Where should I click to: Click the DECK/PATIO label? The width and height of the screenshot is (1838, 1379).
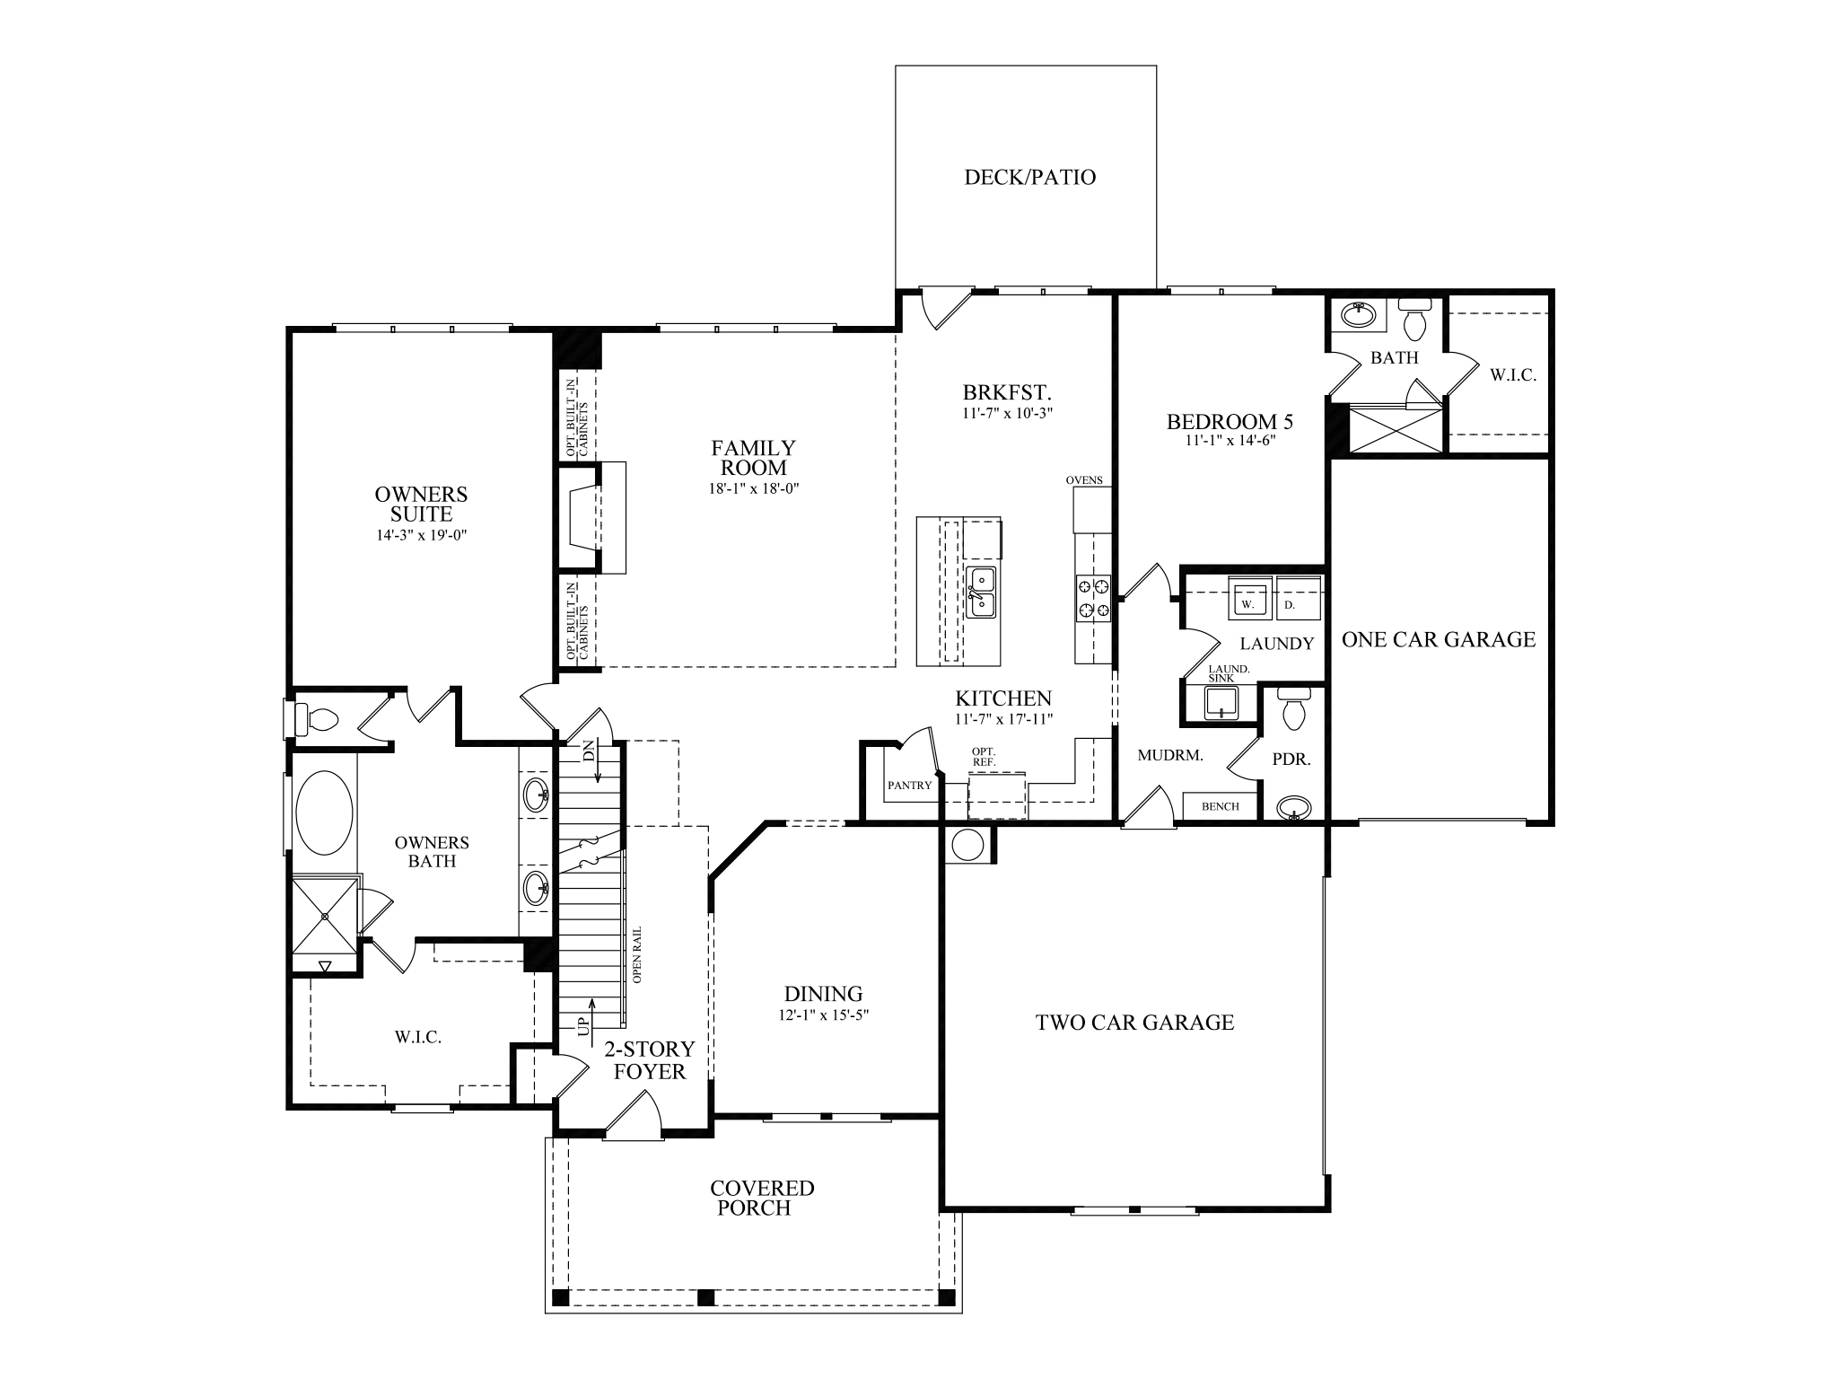[1029, 177]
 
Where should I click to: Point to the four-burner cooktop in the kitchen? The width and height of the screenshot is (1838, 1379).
[1093, 598]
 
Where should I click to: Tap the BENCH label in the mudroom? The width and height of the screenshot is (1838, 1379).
[1220, 806]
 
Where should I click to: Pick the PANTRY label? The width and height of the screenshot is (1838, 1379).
[909, 785]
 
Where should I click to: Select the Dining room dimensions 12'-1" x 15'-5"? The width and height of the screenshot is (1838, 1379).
[823, 1015]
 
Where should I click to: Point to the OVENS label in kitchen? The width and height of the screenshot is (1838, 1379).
[1084, 480]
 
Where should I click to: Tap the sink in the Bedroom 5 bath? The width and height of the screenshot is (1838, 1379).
[1358, 315]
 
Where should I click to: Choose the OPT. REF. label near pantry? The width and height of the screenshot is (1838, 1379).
[984, 756]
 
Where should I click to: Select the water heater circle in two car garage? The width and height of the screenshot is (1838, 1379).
[968, 845]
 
